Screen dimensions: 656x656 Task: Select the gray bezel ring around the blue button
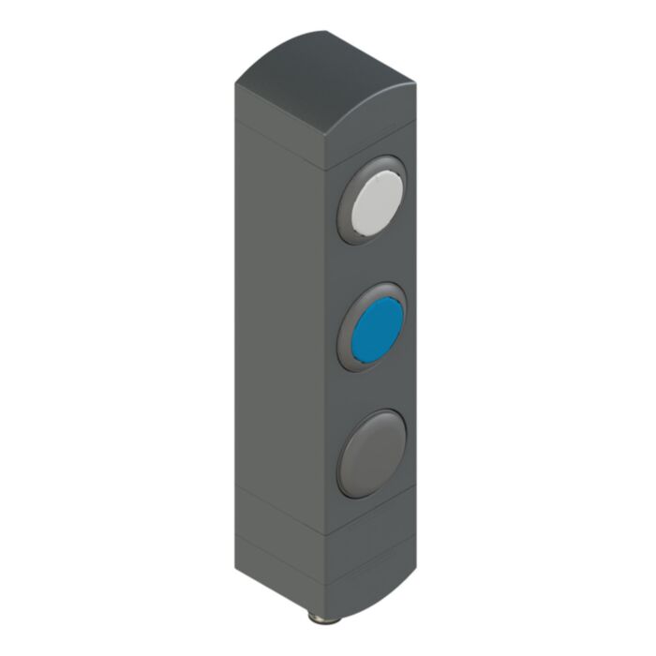pos(349,348)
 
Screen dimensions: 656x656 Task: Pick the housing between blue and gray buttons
pos(372,389)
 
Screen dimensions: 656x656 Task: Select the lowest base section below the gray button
pos(370,562)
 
